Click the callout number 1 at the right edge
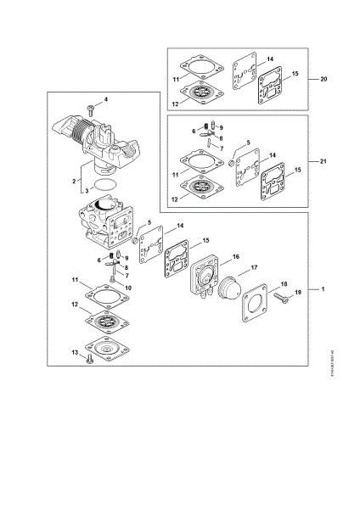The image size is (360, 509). [323, 290]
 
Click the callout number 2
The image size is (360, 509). [75, 181]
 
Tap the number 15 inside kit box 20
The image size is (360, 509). [295, 76]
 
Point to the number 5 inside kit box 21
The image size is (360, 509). [248, 143]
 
